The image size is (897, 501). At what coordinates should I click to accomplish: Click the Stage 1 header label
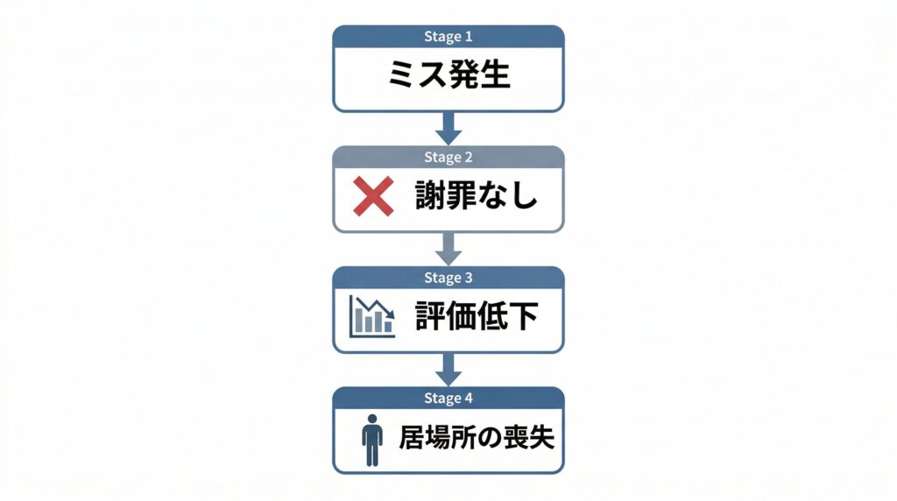448,37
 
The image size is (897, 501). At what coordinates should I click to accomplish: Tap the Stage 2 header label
448,158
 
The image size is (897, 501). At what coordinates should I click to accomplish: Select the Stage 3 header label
448,278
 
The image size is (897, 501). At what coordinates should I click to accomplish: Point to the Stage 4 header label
448,399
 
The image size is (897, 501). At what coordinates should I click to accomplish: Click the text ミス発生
448,76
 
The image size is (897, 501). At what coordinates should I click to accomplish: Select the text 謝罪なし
476,196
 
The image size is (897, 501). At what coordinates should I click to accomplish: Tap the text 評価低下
476,317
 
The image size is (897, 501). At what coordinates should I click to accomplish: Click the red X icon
373,196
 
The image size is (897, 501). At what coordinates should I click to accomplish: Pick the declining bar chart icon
372,317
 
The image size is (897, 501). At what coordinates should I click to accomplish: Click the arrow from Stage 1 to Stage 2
448,129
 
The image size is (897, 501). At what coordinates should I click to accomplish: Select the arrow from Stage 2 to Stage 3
448,250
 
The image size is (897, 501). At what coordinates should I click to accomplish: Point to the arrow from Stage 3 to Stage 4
448,370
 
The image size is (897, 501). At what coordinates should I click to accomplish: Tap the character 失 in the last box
542,437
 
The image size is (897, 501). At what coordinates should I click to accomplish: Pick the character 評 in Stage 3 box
429,317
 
